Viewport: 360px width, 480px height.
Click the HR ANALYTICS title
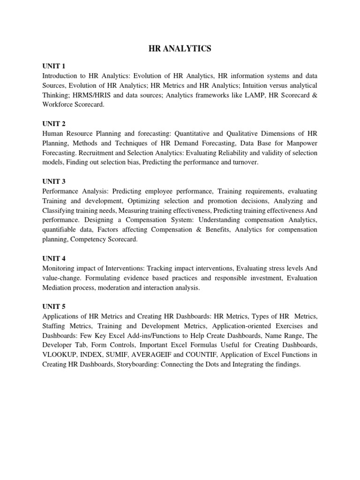(x=180, y=49)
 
